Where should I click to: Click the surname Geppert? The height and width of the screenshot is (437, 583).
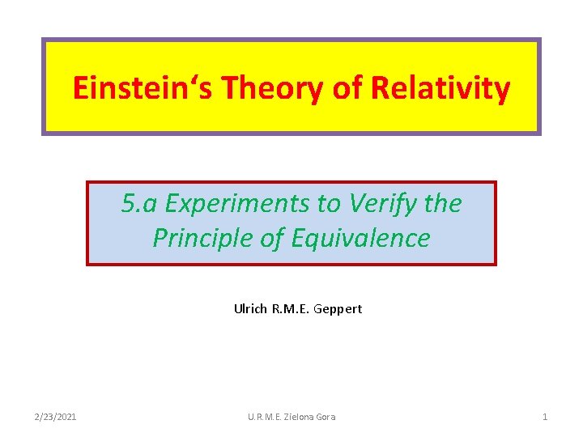coord(338,308)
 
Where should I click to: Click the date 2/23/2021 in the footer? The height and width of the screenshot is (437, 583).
coord(56,417)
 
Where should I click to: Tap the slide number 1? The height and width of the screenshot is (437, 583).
coord(545,417)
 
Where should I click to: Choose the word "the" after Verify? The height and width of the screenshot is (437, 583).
coord(442,204)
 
